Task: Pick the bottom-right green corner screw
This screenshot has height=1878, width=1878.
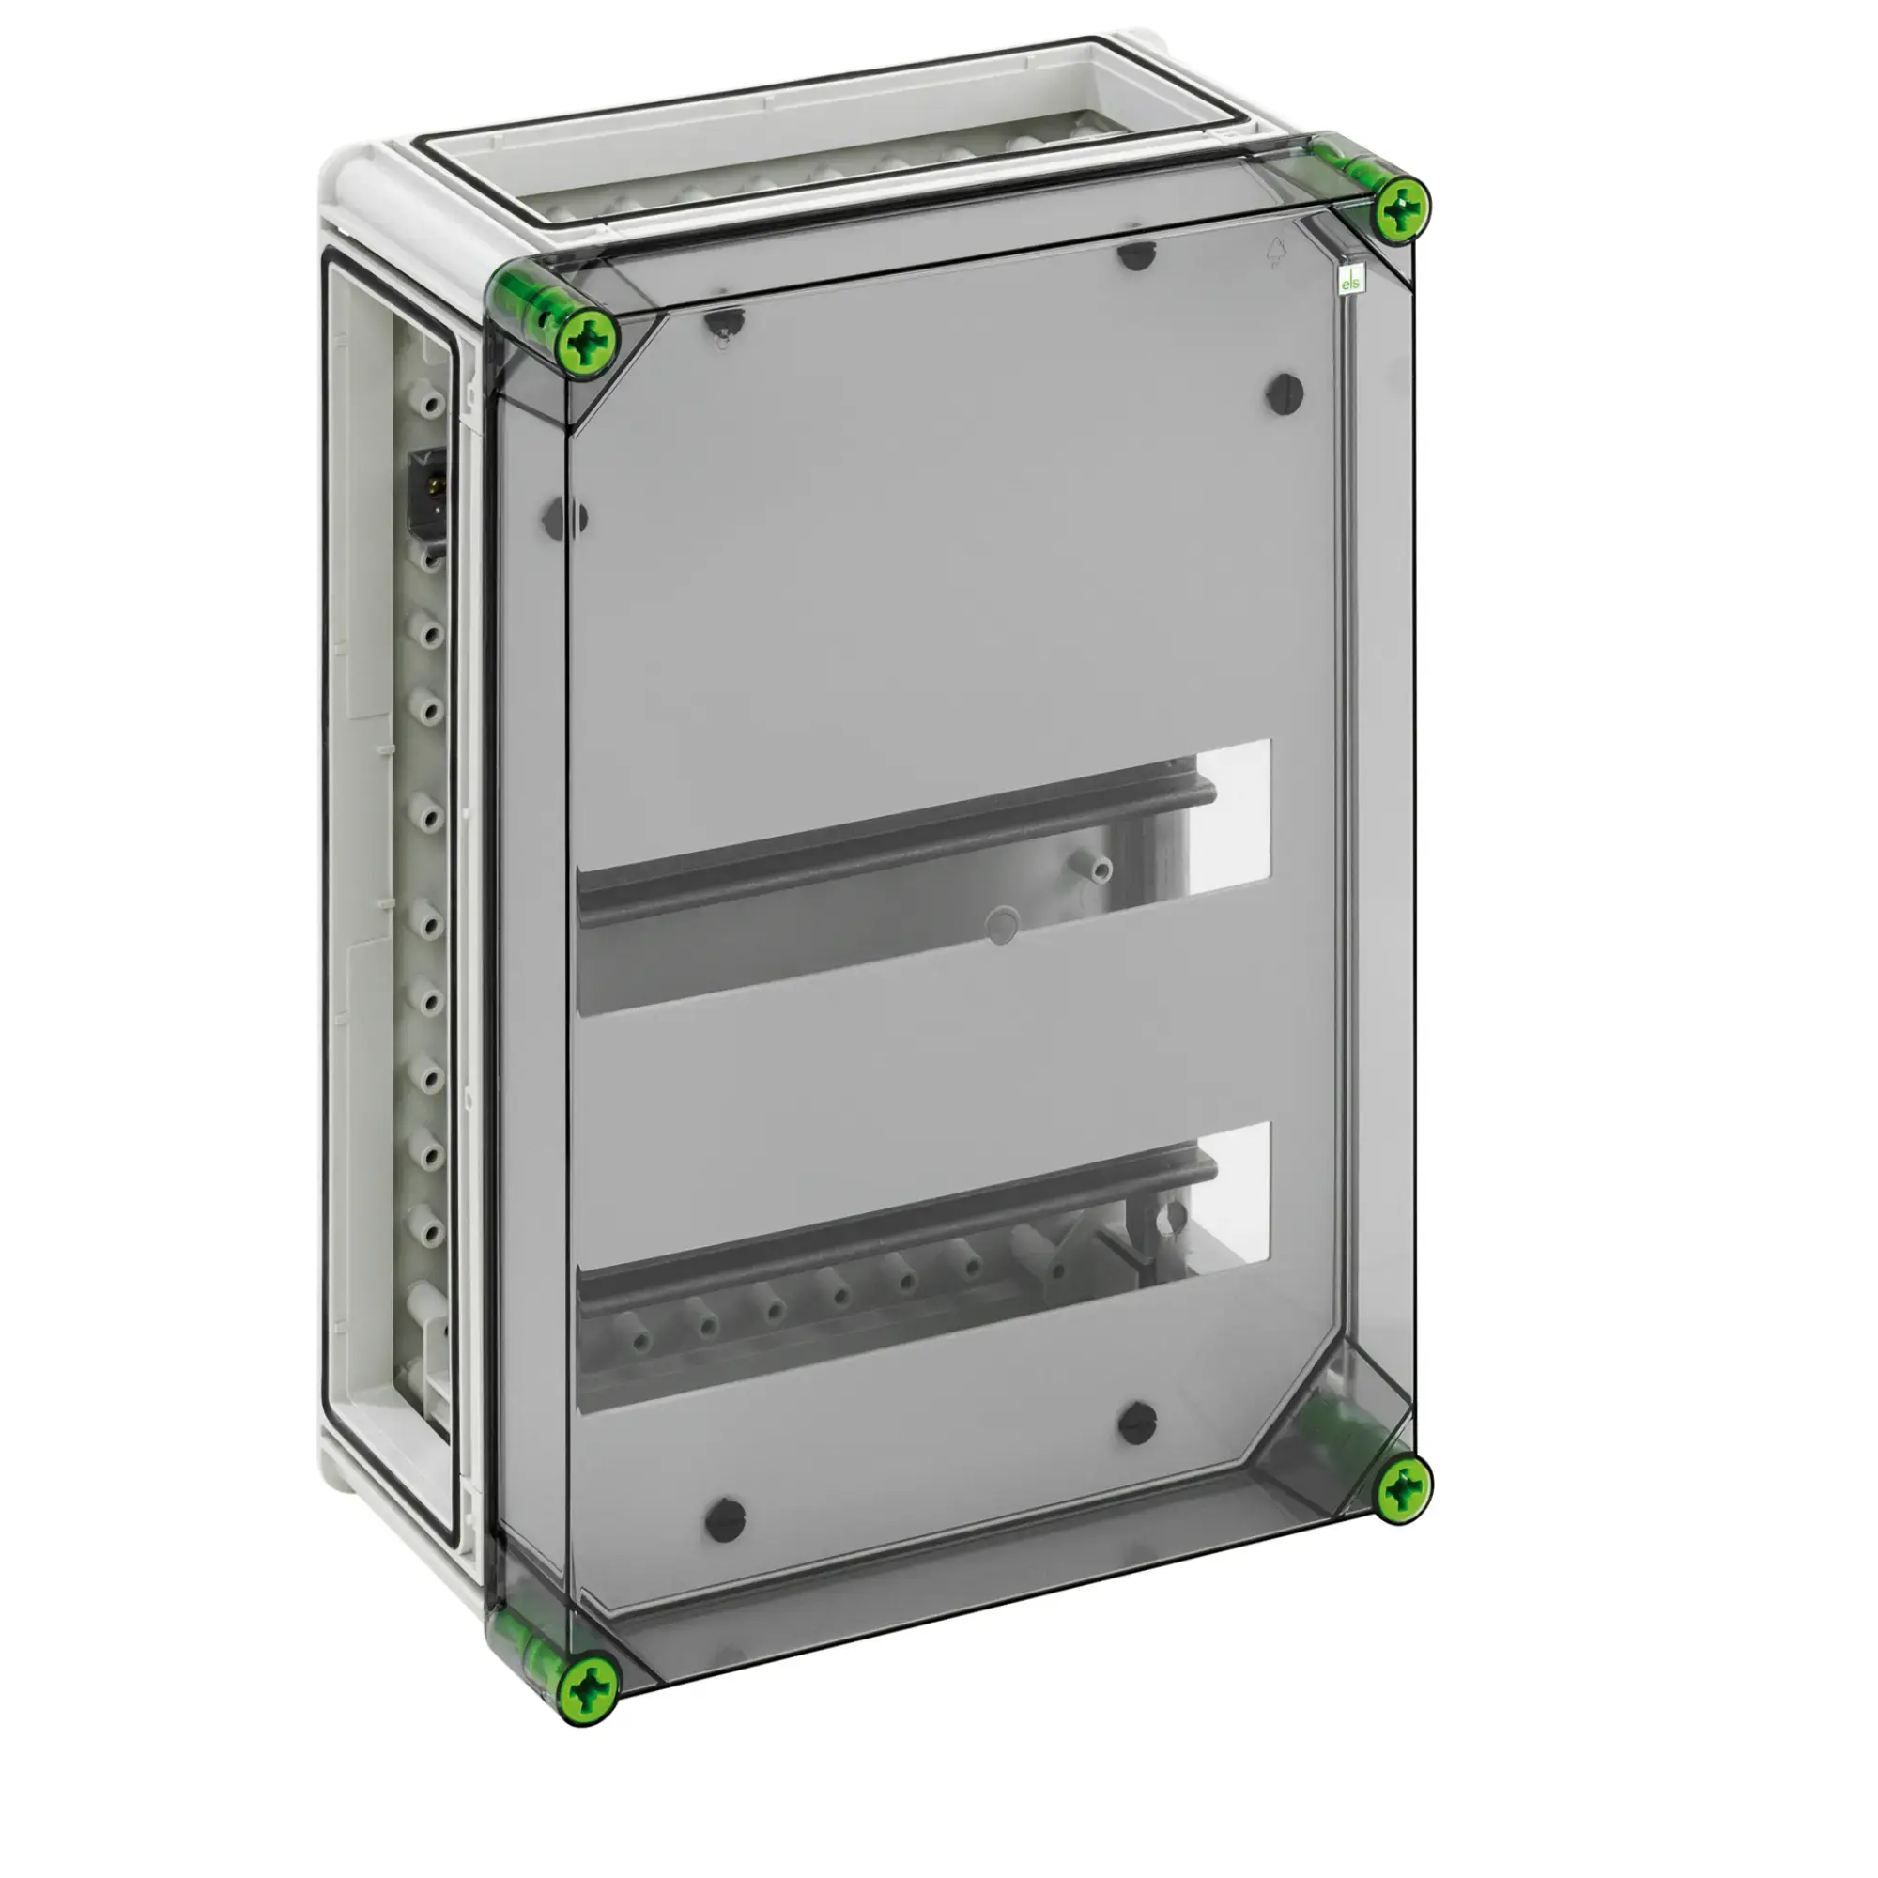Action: click(x=1403, y=1488)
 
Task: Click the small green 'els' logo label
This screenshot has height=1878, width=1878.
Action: click(x=1351, y=282)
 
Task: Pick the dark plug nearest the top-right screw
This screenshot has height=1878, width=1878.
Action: click(x=1285, y=393)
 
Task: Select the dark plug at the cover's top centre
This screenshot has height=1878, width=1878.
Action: click(x=1134, y=254)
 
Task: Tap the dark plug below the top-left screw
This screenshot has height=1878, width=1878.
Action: click(x=724, y=321)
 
